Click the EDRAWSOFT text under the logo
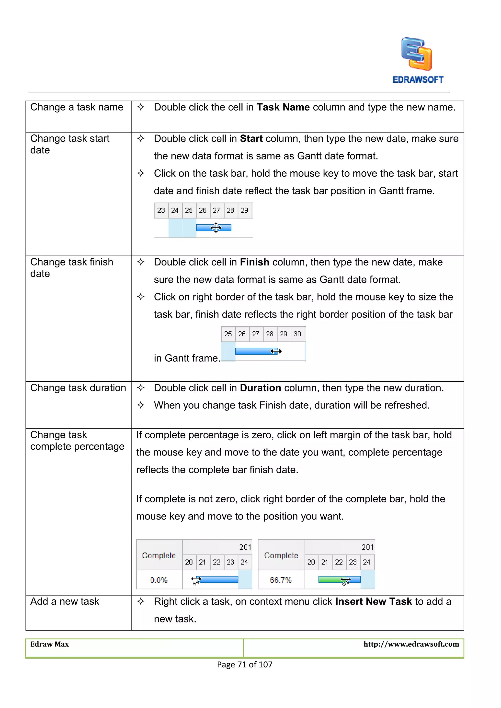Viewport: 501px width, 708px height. pos(418,80)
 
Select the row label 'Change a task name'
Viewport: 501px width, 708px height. pos(77,107)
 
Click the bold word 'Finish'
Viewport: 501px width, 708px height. pos(254,262)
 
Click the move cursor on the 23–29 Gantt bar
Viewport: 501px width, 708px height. pos(216,228)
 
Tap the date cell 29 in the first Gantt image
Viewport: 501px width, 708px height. pos(244,210)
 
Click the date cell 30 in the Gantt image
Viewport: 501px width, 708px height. pos(297,334)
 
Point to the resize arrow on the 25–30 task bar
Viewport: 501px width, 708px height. pos(276,351)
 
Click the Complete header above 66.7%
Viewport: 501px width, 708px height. pos(281,555)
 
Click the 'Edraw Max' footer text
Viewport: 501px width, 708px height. pos(50,644)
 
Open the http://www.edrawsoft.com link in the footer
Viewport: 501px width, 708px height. pos(411,644)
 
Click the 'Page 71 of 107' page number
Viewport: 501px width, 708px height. pos(245,664)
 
